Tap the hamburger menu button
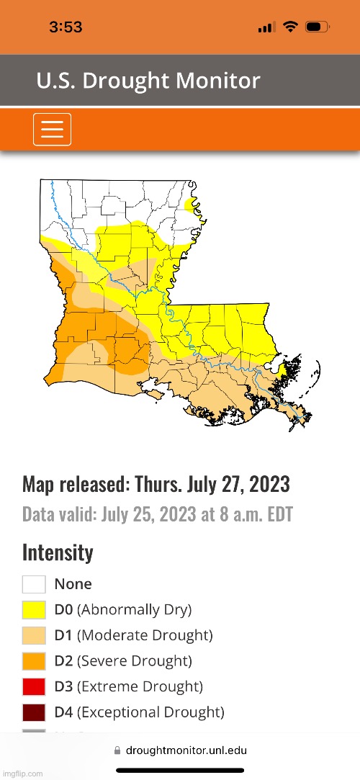pyautogui.click(x=52, y=130)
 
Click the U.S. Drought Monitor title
pyautogui.click(x=148, y=81)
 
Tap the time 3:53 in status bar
pyautogui.click(x=66, y=27)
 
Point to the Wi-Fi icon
pyautogui.click(x=291, y=27)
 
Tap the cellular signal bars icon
pyautogui.click(x=266, y=28)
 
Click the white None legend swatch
pyautogui.click(x=34, y=584)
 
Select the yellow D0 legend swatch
pyautogui.click(x=34, y=610)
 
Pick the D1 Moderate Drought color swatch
pyautogui.click(x=34, y=636)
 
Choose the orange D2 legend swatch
pyautogui.click(x=34, y=661)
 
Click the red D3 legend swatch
pyautogui.click(x=34, y=687)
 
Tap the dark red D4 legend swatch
pyautogui.click(x=34, y=712)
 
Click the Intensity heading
pyautogui.click(x=58, y=552)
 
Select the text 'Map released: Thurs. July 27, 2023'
pyautogui.click(x=156, y=484)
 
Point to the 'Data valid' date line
pyautogui.click(x=158, y=515)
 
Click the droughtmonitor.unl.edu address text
pyautogui.click(x=186, y=750)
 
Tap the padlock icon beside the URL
pyautogui.click(x=118, y=750)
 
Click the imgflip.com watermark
pyautogui.click(x=22, y=774)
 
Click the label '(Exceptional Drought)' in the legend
pyautogui.click(x=150, y=712)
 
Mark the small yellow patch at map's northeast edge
pyautogui.click(x=191, y=206)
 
